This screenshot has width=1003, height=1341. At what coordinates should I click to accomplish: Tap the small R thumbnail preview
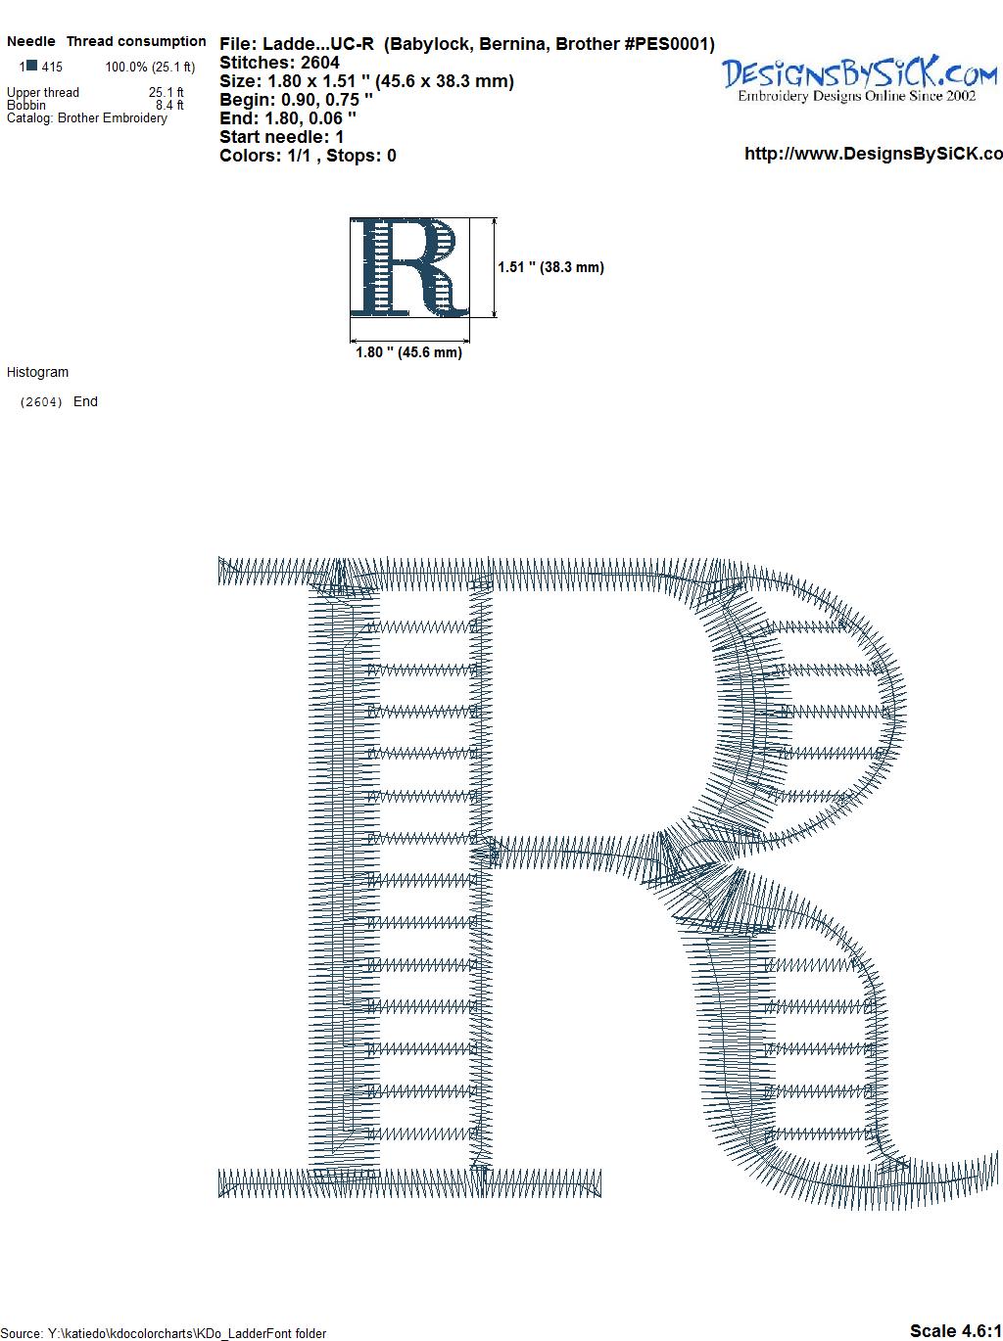coord(409,267)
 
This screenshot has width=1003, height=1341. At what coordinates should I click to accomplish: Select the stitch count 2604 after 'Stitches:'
coord(319,63)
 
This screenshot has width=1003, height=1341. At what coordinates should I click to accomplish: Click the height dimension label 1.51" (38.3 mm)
coord(550,267)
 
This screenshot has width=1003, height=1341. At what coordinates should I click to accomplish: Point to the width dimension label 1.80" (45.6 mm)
coord(408,352)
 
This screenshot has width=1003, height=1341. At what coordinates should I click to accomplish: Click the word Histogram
coord(37,372)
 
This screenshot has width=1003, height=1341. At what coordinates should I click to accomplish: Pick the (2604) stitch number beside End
coord(41,402)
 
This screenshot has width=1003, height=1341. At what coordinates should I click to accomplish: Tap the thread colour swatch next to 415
coord(32,65)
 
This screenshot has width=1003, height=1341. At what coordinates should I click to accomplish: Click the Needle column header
coord(30,41)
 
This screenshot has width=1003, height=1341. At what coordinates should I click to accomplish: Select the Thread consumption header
coord(136,41)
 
